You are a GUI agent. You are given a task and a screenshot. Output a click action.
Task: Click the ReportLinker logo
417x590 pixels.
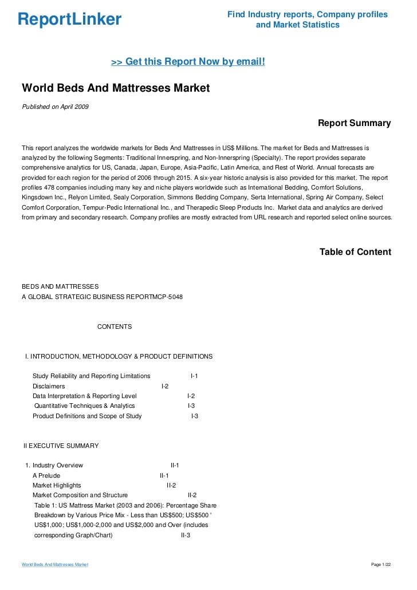pyautogui.click(x=70, y=19)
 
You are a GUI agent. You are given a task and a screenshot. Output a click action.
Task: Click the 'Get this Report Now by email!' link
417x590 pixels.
pyautogui.click(x=188, y=61)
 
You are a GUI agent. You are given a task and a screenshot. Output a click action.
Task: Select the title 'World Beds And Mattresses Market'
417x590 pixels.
pyautogui.click(x=116, y=88)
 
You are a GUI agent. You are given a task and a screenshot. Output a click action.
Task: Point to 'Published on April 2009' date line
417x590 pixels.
pyautogui.click(x=55, y=107)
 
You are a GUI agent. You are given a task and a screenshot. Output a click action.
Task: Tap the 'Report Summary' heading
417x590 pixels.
pyautogui.click(x=354, y=123)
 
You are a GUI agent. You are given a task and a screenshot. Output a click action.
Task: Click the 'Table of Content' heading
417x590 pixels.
pyautogui.click(x=355, y=251)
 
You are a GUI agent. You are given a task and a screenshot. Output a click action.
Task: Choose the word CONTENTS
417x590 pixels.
pyautogui.click(x=115, y=327)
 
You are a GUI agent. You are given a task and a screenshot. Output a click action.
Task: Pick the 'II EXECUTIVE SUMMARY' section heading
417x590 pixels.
pyautogui.click(x=61, y=446)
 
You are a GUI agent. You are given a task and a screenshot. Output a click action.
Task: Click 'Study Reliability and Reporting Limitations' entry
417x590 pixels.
pyautogui.click(x=91, y=376)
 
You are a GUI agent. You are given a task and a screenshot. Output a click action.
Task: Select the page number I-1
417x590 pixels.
pyautogui.click(x=194, y=376)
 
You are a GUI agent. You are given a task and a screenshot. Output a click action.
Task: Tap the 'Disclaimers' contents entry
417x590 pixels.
pyautogui.click(x=49, y=386)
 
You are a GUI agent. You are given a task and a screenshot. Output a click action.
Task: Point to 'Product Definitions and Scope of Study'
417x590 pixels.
pyautogui.click(x=87, y=415)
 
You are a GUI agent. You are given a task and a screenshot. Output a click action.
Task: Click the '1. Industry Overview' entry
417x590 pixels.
pyautogui.click(x=54, y=465)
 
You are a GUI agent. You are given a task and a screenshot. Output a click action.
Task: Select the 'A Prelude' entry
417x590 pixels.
pyautogui.click(x=46, y=475)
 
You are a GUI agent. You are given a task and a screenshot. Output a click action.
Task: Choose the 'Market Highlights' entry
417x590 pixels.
pyautogui.click(x=57, y=485)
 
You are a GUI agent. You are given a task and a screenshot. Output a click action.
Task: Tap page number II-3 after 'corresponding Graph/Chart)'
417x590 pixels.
pyautogui.click(x=186, y=535)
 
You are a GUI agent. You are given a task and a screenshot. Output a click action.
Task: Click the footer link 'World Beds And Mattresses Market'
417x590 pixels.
pyautogui.click(x=55, y=565)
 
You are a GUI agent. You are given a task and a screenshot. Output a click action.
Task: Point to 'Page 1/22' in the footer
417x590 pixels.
pyautogui.click(x=381, y=565)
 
